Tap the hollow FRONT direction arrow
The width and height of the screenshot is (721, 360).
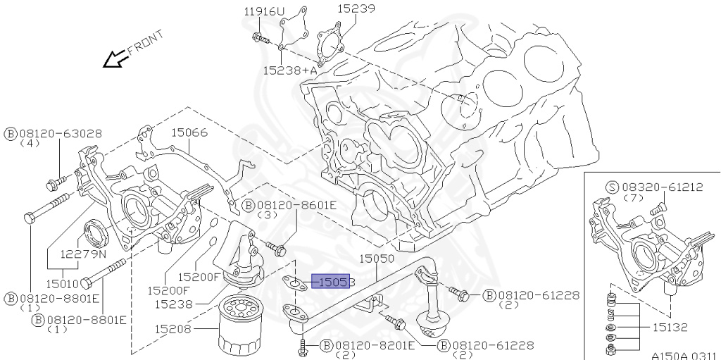point(114,60)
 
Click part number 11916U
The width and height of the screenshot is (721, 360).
point(265,11)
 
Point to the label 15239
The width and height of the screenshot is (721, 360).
point(356,9)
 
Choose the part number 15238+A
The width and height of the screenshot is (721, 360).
point(290,70)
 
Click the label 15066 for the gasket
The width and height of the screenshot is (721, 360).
point(189,132)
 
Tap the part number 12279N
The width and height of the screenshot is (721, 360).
point(82,254)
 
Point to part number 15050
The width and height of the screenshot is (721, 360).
point(377,259)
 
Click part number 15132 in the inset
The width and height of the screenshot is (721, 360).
point(670,328)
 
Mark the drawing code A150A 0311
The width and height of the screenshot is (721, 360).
point(682,355)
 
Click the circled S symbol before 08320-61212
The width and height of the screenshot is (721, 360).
point(612,187)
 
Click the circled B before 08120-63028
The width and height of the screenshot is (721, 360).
point(11,133)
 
